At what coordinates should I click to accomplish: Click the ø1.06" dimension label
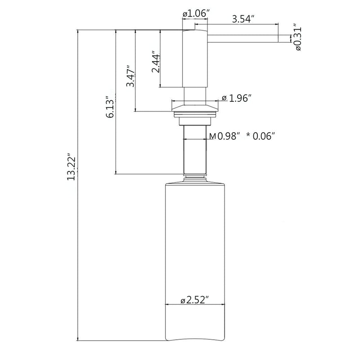[195, 14]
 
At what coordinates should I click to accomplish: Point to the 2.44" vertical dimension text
[156, 62]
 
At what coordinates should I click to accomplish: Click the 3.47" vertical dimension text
[130, 76]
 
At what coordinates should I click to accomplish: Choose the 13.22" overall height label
[72, 166]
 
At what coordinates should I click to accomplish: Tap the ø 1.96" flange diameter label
[235, 99]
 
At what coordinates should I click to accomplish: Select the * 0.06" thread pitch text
[261, 136]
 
